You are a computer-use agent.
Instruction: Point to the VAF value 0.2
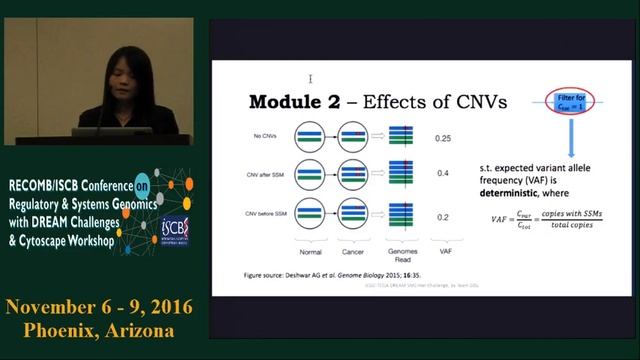click(441, 215)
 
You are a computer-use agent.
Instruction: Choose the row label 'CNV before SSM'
click(265, 214)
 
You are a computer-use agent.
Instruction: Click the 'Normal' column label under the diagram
click(310, 254)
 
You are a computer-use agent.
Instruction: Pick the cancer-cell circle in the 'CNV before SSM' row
click(354, 213)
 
